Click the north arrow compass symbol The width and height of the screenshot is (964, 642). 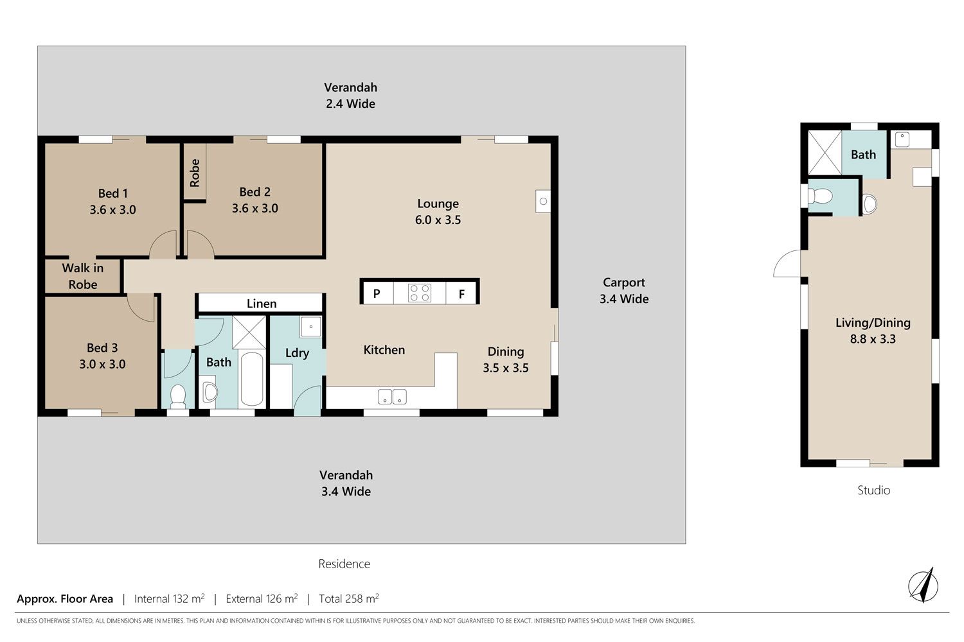923,586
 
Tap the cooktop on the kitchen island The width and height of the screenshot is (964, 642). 420,293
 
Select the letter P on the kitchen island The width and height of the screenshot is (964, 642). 377,293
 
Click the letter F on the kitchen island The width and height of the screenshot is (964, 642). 461,294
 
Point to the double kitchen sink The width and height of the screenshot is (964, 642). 392,397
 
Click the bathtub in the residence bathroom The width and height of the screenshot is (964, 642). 252,379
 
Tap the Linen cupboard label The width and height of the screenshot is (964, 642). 262,304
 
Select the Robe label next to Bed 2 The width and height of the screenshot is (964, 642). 195,173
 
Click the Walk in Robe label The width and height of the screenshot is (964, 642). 83,276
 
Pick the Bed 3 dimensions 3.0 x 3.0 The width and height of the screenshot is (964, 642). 102,364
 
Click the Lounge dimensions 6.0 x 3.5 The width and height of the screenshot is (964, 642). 438,220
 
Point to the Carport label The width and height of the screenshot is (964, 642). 624,282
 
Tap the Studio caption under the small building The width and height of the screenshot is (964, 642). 873,490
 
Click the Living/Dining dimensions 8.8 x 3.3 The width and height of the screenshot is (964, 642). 873,339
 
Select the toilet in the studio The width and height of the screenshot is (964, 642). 820,196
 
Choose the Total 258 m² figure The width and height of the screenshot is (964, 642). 348,598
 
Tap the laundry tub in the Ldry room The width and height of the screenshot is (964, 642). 310,327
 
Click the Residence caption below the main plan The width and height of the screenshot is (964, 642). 344,564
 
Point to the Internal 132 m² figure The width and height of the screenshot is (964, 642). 170,598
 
